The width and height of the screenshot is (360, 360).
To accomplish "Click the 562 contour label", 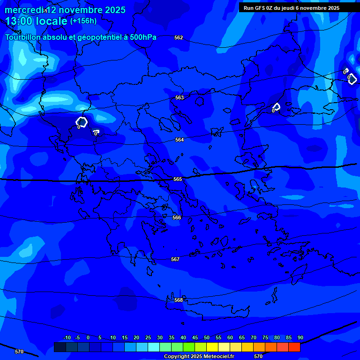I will click(x=179, y=37).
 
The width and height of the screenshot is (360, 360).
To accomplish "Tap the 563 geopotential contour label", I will click(x=180, y=98).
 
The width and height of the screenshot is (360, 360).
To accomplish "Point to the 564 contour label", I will click(x=180, y=140).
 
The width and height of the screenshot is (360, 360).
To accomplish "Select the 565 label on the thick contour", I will click(x=178, y=180).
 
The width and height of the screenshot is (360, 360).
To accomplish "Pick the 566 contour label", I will click(x=177, y=218).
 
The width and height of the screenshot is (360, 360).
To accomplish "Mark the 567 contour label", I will click(x=175, y=260).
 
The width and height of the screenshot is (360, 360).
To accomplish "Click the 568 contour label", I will click(x=179, y=300).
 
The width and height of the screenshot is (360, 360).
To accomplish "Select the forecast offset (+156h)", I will click(x=83, y=21).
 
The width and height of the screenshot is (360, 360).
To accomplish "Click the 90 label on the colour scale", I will click(x=300, y=338).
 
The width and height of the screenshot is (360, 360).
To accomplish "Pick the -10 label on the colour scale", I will click(x=67, y=338).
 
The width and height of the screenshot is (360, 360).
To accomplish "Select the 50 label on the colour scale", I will click(x=207, y=338).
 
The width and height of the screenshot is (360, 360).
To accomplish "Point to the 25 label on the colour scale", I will click(x=148, y=338).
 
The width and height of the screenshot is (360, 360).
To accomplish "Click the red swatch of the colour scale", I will click(x=294, y=347).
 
